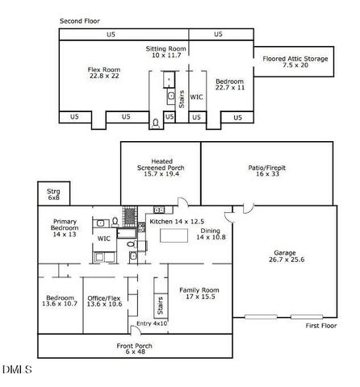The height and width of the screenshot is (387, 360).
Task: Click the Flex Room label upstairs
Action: point(104,73)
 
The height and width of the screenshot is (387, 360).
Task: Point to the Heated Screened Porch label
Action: point(160,169)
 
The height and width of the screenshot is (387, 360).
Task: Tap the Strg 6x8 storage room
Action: point(54,194)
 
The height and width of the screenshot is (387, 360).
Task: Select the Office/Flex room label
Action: point(103,301)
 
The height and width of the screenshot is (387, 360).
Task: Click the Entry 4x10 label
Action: point(153,323)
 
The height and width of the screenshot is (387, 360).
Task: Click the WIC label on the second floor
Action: point(196,97)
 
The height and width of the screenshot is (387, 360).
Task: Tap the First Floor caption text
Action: point(321,326)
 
